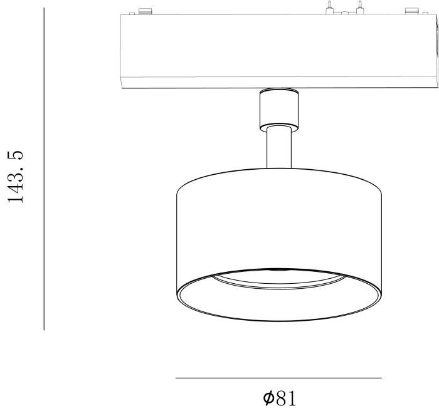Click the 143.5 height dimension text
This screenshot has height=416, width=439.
coord(16,177)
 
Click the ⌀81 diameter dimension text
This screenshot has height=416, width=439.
coord(280,398)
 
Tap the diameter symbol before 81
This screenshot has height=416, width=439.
coord(268,398)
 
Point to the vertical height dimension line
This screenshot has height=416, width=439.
coord(44,169)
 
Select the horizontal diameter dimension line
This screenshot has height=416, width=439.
coord(278,378)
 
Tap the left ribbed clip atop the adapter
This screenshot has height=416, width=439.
coord(145,11)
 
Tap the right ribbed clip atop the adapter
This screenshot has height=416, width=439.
coord(413,11)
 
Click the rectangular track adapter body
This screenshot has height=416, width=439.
coord(278,51)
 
